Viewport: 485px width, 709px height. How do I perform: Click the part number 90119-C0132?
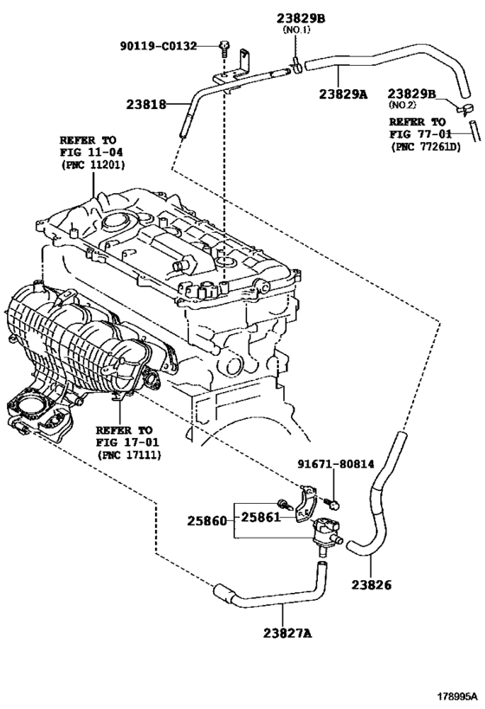coord(158,46)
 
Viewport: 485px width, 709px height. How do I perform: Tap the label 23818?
coord(146,105)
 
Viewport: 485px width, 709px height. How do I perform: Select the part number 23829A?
coord(343,94)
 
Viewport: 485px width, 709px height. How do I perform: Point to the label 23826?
coord(372,584)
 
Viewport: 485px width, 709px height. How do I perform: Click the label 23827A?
coord(288,634)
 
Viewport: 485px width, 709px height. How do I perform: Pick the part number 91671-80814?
coord(336,464)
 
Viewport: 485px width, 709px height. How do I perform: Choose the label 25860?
coord(207,521)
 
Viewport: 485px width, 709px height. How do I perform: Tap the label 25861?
coord(260,517)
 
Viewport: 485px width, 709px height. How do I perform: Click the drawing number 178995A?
coord(457,695)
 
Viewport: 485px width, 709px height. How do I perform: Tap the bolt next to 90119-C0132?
coord(224,48)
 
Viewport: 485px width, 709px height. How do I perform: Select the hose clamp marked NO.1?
coord(297,66)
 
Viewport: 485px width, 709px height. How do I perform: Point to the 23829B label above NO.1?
coord(301,18)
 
